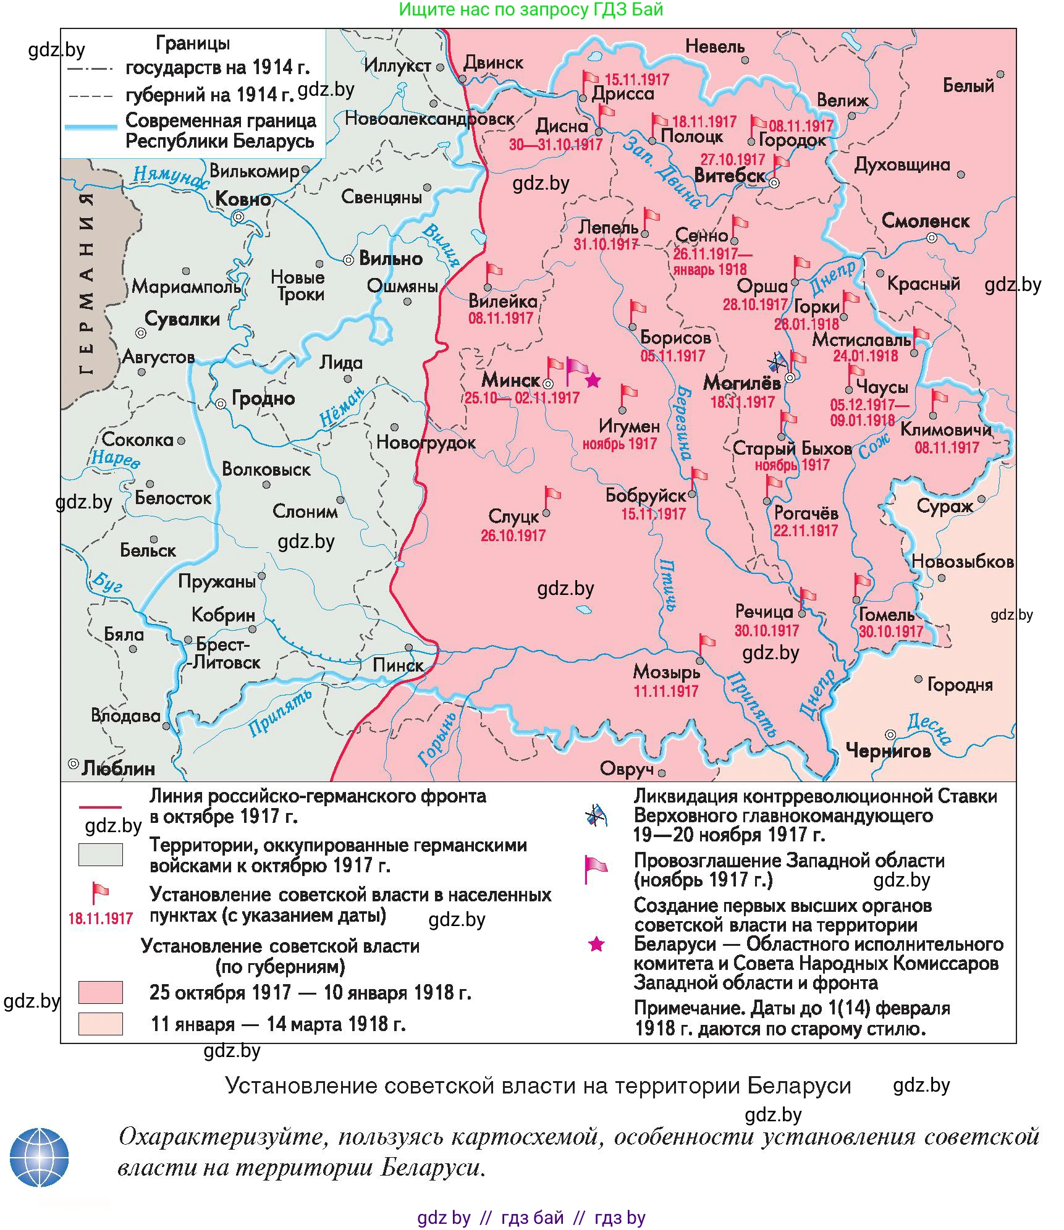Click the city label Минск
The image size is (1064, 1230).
click(510, 379)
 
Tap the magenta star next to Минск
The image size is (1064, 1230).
click(593, 380)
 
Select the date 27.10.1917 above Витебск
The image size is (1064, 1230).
click(732, 159)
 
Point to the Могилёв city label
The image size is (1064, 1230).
click(741, 382)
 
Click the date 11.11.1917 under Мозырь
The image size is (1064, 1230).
click(665, 691)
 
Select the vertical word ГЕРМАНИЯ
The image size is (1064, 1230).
click(87, 284)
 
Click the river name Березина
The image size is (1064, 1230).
click(683, 423)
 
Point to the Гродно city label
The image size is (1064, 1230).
click(263, 398)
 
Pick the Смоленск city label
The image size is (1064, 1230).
click(925, 221)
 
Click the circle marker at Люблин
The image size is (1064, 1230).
click(74, 764)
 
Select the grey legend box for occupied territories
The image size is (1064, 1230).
click(100, 854)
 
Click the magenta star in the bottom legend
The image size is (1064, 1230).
click(596, 944)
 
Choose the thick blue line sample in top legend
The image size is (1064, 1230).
click(91, 127)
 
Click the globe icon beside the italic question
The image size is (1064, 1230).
click(39, 1158)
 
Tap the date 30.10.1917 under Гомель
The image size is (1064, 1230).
click(890, 631)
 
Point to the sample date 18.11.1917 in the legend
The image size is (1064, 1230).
click(100, 918)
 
